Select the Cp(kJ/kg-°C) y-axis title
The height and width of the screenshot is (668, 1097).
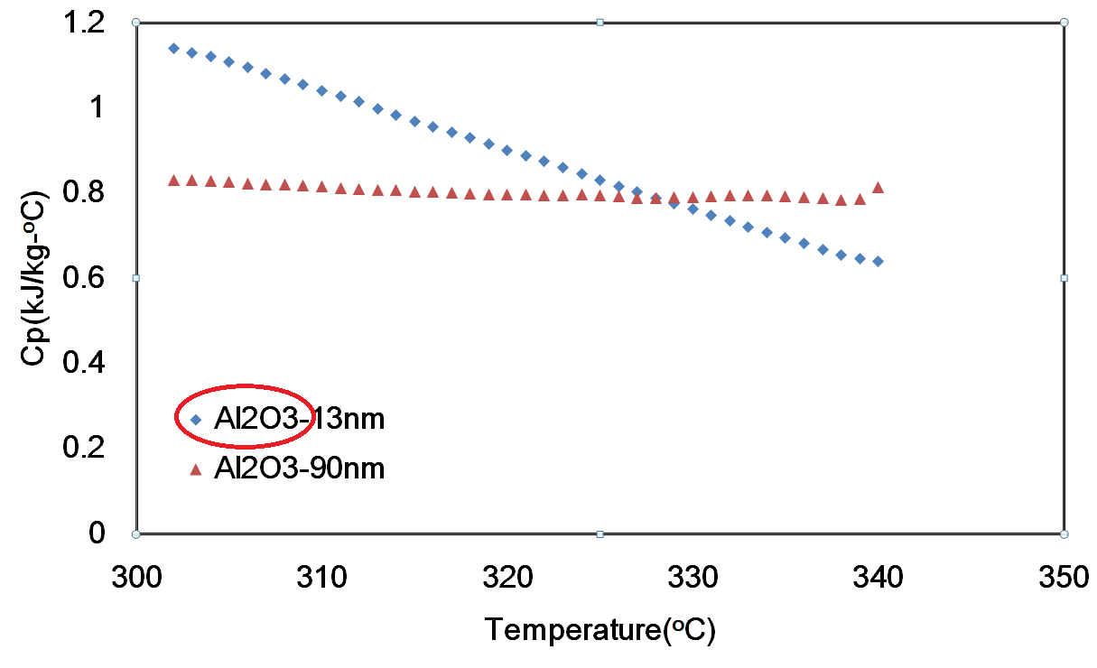click(34, 277)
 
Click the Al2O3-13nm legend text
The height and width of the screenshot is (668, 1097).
click(300, 420)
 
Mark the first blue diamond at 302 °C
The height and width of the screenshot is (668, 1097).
click(173, 48)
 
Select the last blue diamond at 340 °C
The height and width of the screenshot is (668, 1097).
click(878, 262)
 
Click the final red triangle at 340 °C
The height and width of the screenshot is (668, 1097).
click(878, 188)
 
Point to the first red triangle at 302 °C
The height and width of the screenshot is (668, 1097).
click(173, 181)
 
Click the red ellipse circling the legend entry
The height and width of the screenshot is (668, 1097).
click(244, 385)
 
